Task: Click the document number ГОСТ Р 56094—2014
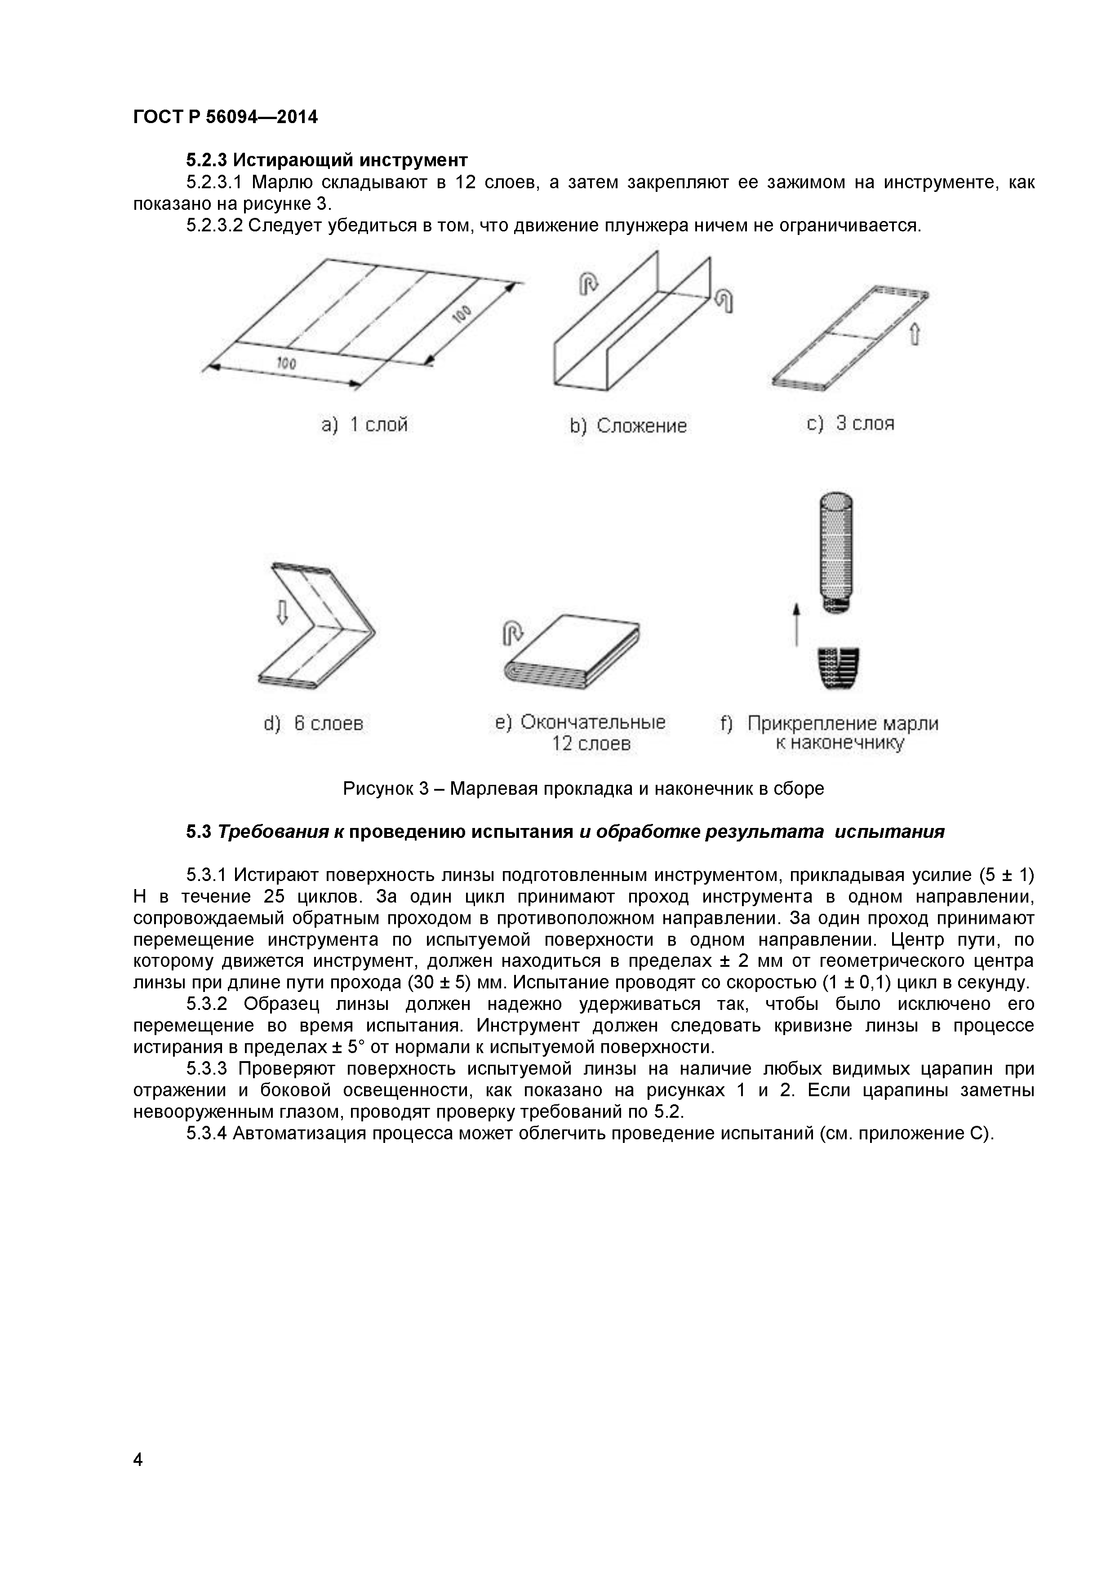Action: pos(225,117)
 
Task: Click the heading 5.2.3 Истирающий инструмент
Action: pos(327,160)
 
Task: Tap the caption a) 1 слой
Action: pos(364,425)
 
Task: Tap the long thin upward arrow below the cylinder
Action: pos(796,624)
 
